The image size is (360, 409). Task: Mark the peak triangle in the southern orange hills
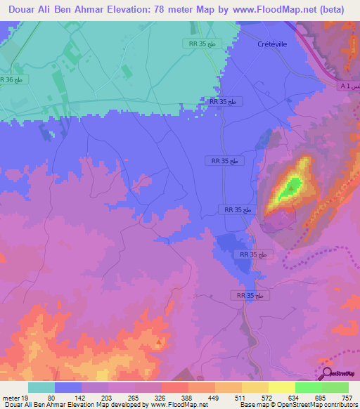[x=160, y=343]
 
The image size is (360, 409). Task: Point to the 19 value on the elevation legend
[x=25, y=398]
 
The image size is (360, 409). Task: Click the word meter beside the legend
[x=10, y=398]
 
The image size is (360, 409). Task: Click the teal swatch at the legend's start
[x=41, y=387]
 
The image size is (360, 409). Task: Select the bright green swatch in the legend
[x=308, y=387]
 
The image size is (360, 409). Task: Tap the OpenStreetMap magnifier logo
[x=327, y=373]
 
